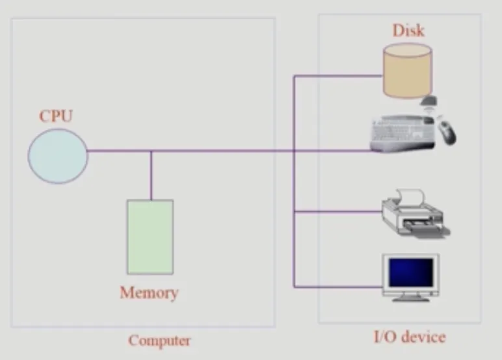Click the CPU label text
[x=56, y=116]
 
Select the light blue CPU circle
[x=58, y=156]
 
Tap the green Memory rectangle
[x=150, y=237]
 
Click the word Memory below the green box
[x=149, y=292]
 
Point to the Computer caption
[x=159, y=341]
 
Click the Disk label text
[x=408, y=31]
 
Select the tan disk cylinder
[x=408, y=71]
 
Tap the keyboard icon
[x=403, y=133]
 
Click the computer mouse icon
[x=447, y=132]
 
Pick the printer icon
[x=416, y=214]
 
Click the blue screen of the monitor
[x=411, y=273]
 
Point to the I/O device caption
[x=410, y=337]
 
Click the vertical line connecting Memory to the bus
[x=151, y=175]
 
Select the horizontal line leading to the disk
[x=338, y=76]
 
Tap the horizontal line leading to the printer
[x=338, y=211]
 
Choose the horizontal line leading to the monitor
[x=338, y=287]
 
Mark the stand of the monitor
[x=411, y=298]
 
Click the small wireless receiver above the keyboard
[x=429, y=101]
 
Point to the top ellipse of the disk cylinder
[x=408, y=50]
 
